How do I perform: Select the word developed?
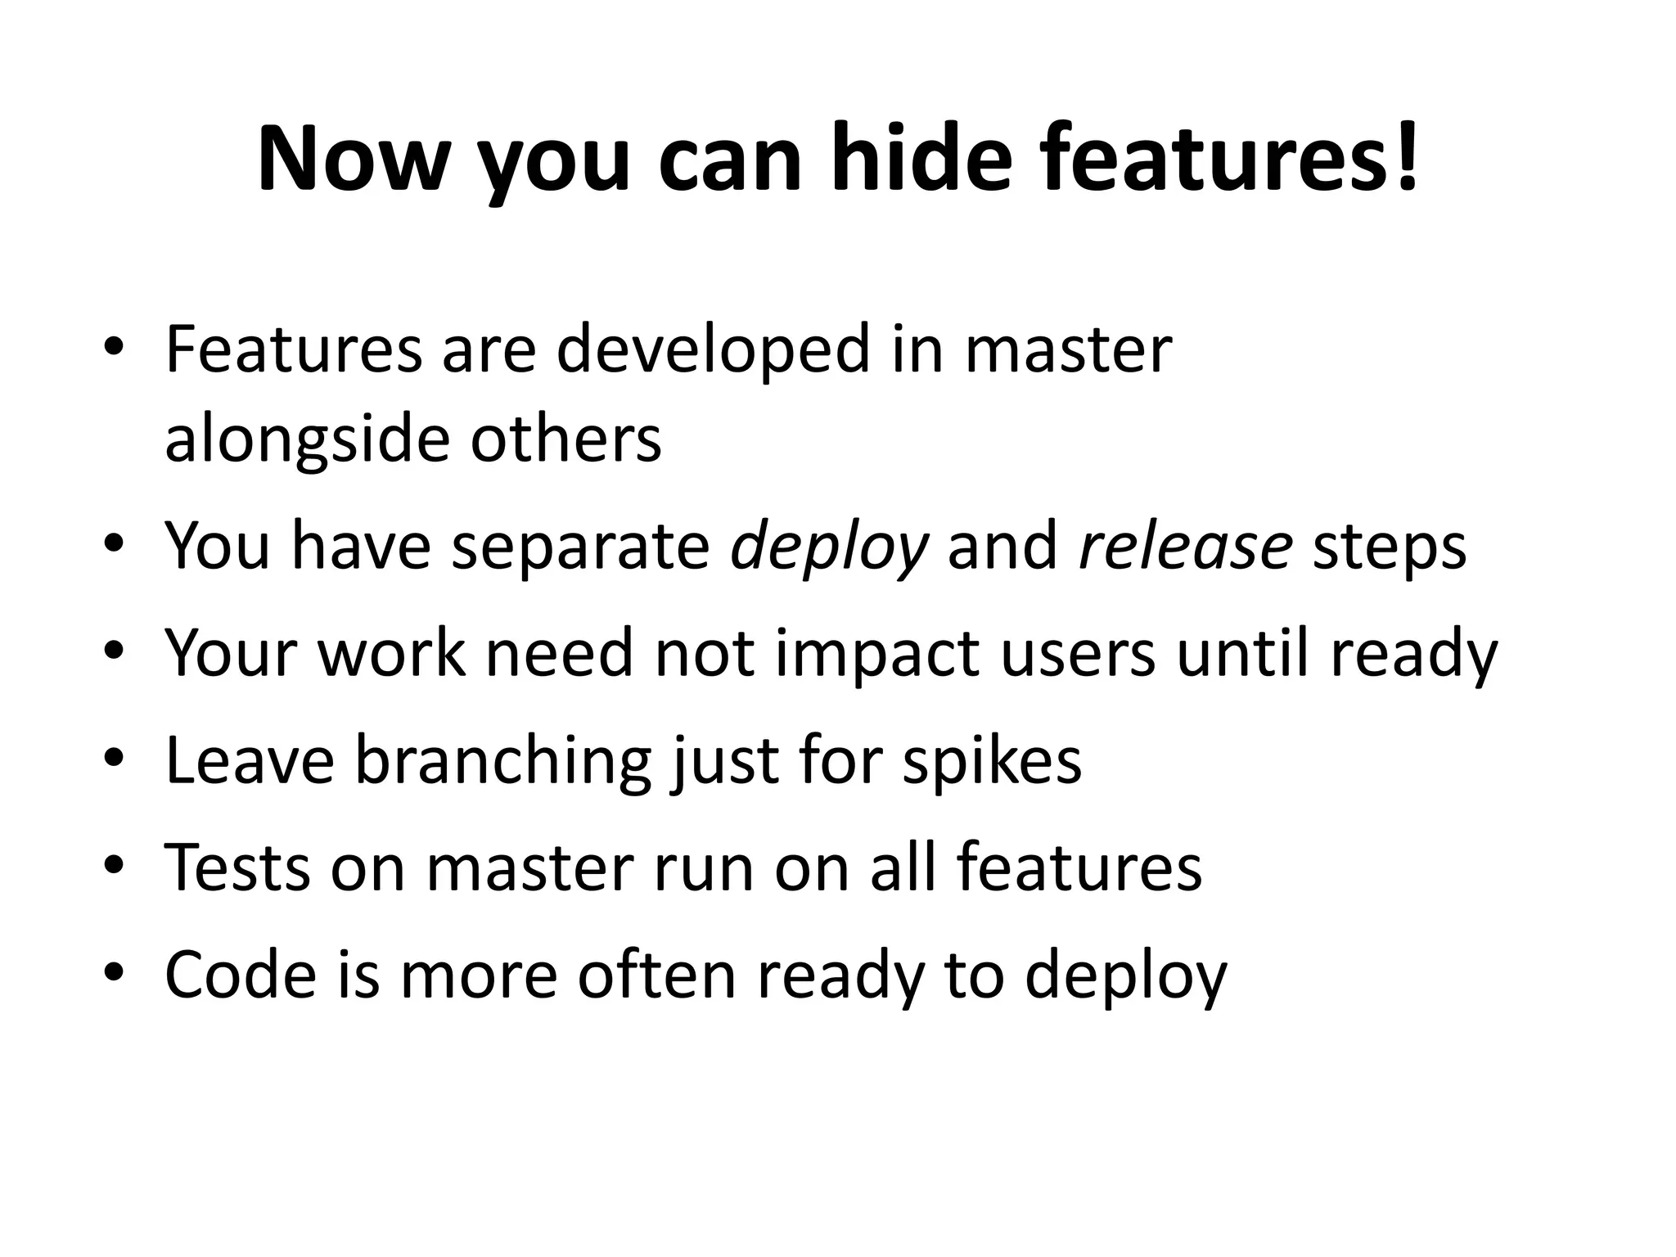[713, 351]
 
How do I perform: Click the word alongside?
[307, 439]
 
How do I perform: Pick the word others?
[565, 439]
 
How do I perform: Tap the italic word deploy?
[829, 547]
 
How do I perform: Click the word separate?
[580, 547]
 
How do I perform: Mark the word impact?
[876, 655]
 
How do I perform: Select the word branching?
[502, 762]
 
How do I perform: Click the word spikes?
[992, 762]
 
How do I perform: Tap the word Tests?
[237, 867]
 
